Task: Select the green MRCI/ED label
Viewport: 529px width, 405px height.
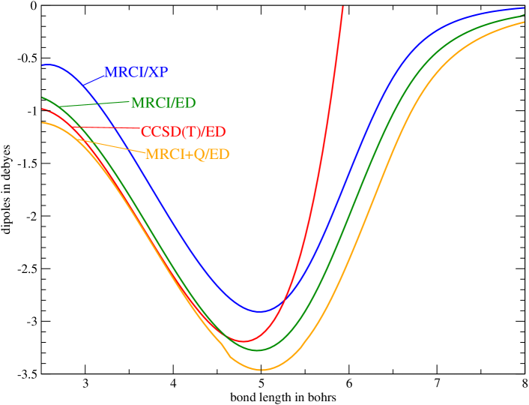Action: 163,103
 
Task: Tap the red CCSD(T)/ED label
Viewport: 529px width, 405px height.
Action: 183,132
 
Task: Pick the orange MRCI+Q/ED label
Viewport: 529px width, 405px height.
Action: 187,154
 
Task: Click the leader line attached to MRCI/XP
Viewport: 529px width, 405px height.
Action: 94,77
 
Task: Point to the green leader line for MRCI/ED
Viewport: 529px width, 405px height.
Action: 94,103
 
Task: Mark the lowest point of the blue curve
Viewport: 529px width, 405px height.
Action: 260,310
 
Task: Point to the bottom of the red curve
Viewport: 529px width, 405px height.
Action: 243,342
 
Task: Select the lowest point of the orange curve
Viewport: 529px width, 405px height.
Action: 260,370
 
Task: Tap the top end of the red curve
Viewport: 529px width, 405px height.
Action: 343,7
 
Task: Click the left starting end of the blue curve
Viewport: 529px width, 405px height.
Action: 43,65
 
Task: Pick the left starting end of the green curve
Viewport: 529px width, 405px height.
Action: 43,97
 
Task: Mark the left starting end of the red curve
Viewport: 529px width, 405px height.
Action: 43,109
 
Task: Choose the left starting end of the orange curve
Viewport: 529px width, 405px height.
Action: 43,122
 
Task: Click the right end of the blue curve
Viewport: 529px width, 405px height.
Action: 523,8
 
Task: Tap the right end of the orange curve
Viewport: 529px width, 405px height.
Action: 523,22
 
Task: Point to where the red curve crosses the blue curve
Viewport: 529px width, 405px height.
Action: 285,300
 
